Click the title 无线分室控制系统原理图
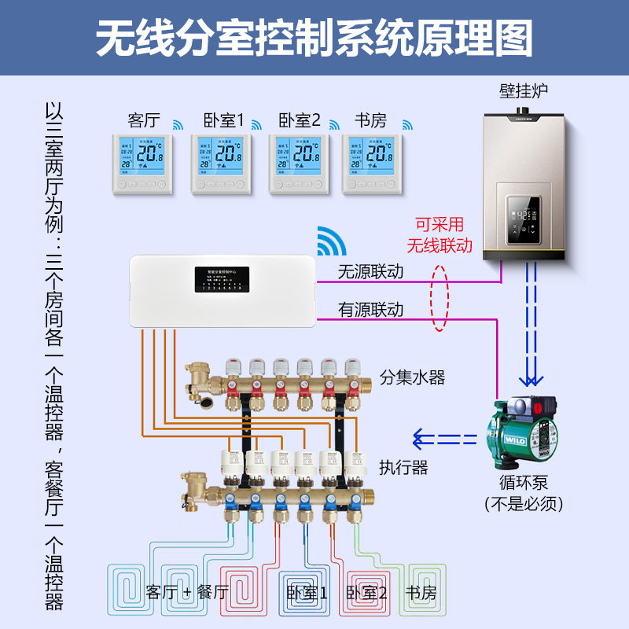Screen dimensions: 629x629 (314, 38)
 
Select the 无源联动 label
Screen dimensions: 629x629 (370, 272)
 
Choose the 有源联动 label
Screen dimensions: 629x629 (370, 310)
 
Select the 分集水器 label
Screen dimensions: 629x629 (412, 378)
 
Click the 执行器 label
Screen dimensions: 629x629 (403, 468)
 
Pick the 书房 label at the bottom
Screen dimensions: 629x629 (420, 592)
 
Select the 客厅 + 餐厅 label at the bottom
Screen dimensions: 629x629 (187, 592)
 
